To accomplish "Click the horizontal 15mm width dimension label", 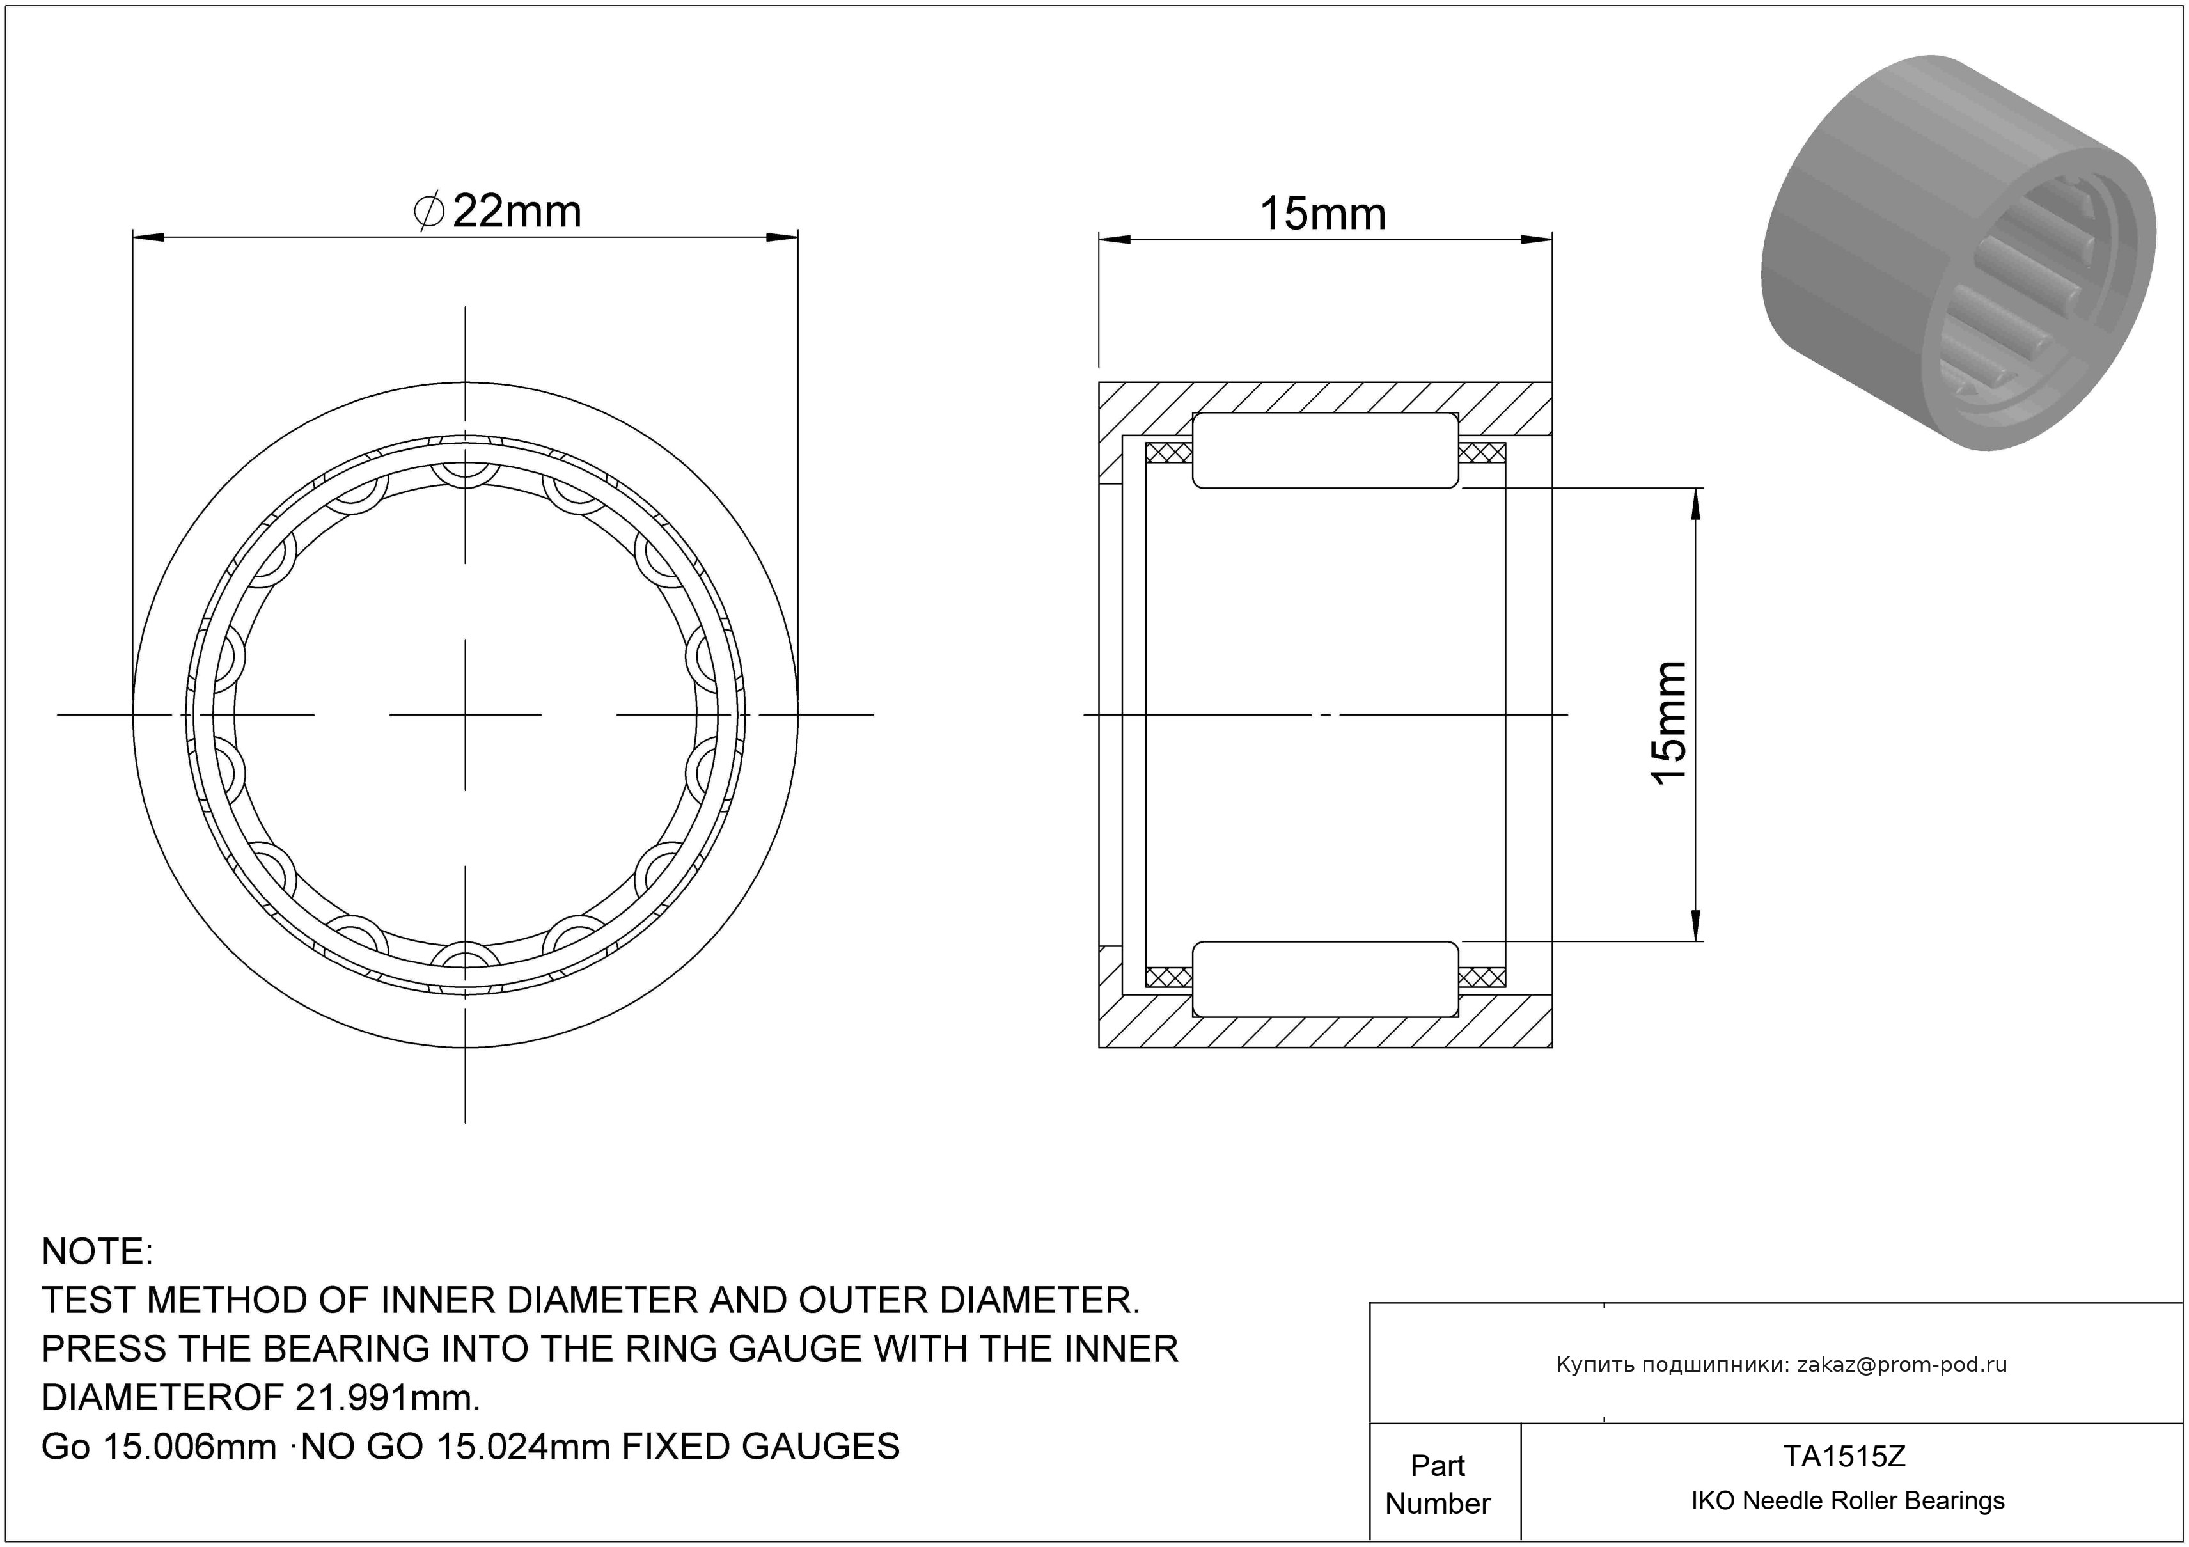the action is click(x=1322, y=214).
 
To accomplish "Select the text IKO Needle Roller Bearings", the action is click(x=1848, y=1501).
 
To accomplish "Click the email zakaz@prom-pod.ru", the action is click(x=1902, y=1365).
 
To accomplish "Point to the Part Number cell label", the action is click(x=1438, y=1484).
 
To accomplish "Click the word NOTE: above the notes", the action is click(x=97, y=1252).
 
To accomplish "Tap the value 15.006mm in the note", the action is click(x=189, y=1447).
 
